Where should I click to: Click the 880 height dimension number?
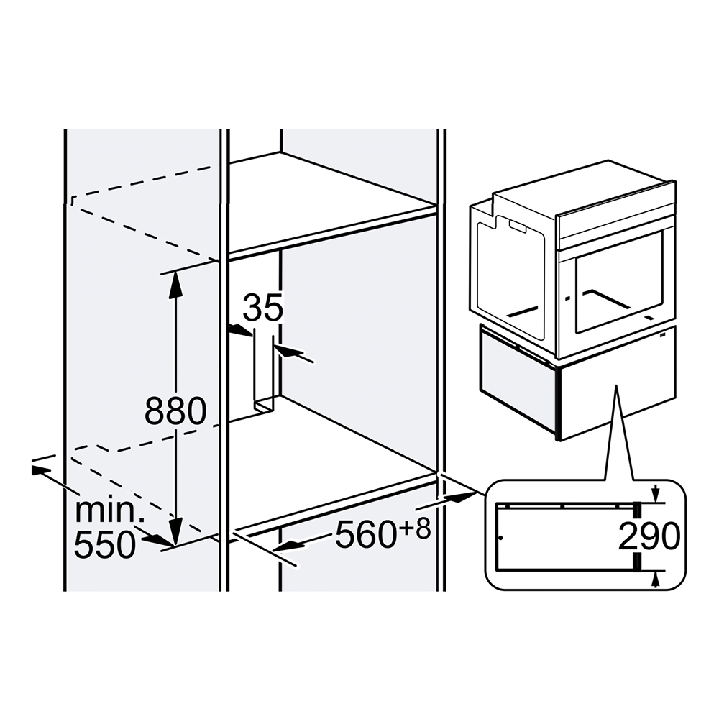175,411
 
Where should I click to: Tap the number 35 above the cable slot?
262,308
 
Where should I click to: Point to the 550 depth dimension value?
105,545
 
